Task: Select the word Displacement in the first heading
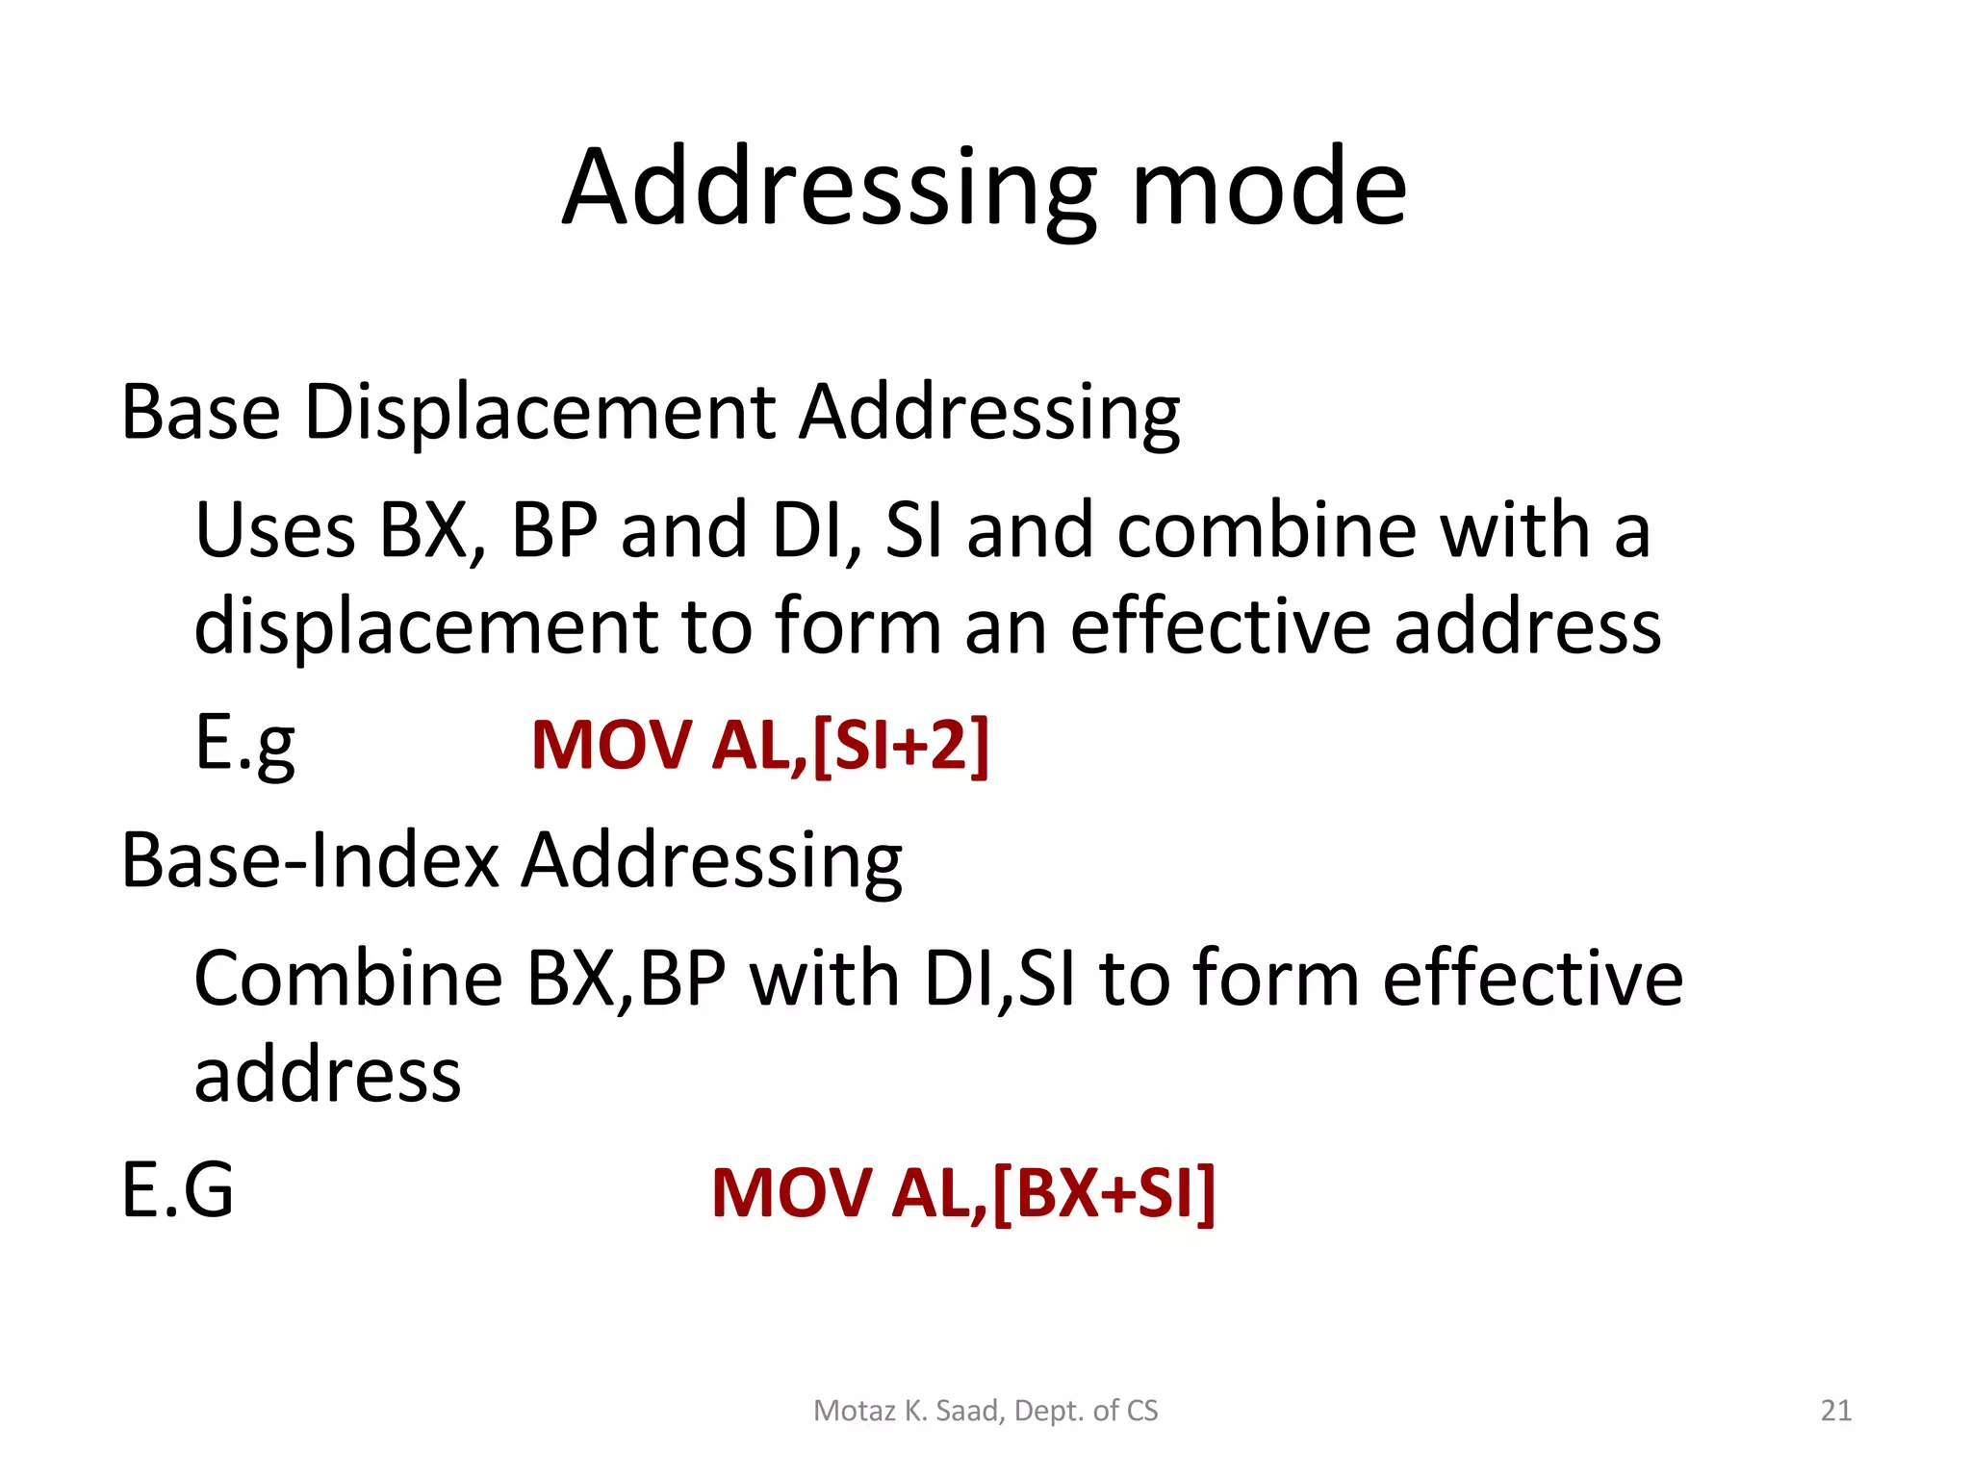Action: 540,412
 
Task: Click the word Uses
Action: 275,530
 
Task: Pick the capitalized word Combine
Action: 347,978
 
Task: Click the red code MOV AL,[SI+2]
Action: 760,745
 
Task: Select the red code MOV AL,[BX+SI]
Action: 963,1193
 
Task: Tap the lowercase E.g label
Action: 244,745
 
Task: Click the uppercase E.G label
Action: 178,1191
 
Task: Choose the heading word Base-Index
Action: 310,859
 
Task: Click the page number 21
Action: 1836,1411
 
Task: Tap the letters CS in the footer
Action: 1141,1411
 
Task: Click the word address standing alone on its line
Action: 327,1075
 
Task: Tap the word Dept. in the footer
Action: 1049,1411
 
